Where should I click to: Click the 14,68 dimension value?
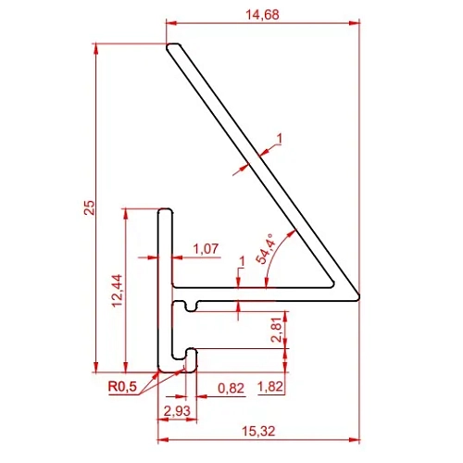pyautogui.click(x=262, y=15)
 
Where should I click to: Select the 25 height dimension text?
pyautogui.click(x=90, y=207)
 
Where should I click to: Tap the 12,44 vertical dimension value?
pyautogui.click(x=118, y=291)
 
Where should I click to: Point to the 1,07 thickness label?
pyautogui.click(x=206, y=248)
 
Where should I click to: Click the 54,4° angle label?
pyautogui.click(x=266, y=248)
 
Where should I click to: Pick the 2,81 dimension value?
pyautogui.click(x=276, y=330)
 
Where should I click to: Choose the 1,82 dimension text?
pyautogui.click(x=270, y=386)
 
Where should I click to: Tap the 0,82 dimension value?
pyautogui.click(x=231, y=388)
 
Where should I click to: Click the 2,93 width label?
pyautogui.click(x=177, y=411)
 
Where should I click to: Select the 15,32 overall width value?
pyautogui.click(x=258, y=431)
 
